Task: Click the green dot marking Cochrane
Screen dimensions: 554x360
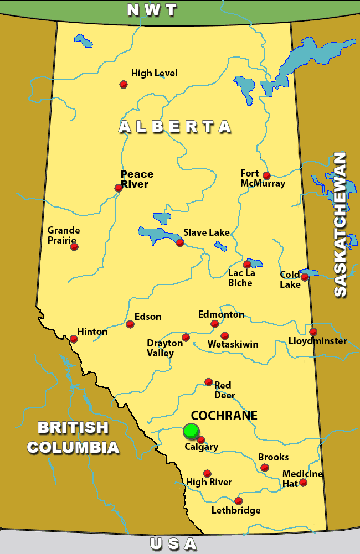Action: coord(191,431)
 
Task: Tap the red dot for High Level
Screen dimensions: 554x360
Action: coord(124,84)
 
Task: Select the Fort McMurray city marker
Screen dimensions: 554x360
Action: coord(266,175)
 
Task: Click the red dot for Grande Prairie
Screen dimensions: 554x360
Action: coord(74,246)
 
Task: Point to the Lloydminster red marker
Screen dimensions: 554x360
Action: coord(313,332)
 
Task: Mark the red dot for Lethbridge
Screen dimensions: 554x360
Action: coord(238,501)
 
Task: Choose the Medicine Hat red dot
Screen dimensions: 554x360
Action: coord(303,483)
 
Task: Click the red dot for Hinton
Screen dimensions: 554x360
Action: coord(74,339)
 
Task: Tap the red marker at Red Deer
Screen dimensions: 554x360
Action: coord(208,381)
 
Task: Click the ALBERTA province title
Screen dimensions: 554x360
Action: coord(175,127)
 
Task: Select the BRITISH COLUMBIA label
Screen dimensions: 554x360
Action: coord(73,437)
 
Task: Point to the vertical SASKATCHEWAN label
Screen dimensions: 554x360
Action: coord(340,224)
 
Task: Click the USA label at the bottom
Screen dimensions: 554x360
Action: coord(173,544)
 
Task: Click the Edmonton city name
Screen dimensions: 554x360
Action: coord(221,314)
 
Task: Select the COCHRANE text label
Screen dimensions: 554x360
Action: coord(217,416)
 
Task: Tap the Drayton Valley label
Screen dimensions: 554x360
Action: coord(164,348)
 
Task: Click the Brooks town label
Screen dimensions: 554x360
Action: coord(274,457)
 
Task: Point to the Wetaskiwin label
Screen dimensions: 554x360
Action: coord(233,344)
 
